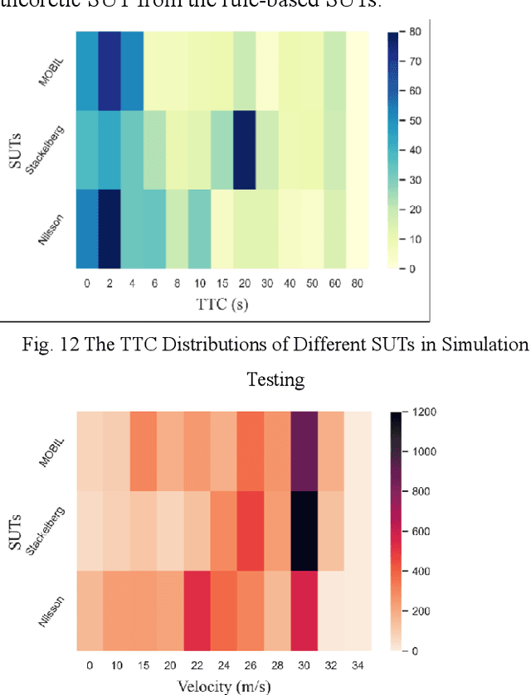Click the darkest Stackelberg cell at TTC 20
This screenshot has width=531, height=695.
[245, 150]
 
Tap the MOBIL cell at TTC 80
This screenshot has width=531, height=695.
[357, 70]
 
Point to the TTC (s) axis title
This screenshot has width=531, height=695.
[222, 304]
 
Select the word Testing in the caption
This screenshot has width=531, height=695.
[275, 379]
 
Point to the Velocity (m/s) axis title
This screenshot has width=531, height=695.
[222, 685]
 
